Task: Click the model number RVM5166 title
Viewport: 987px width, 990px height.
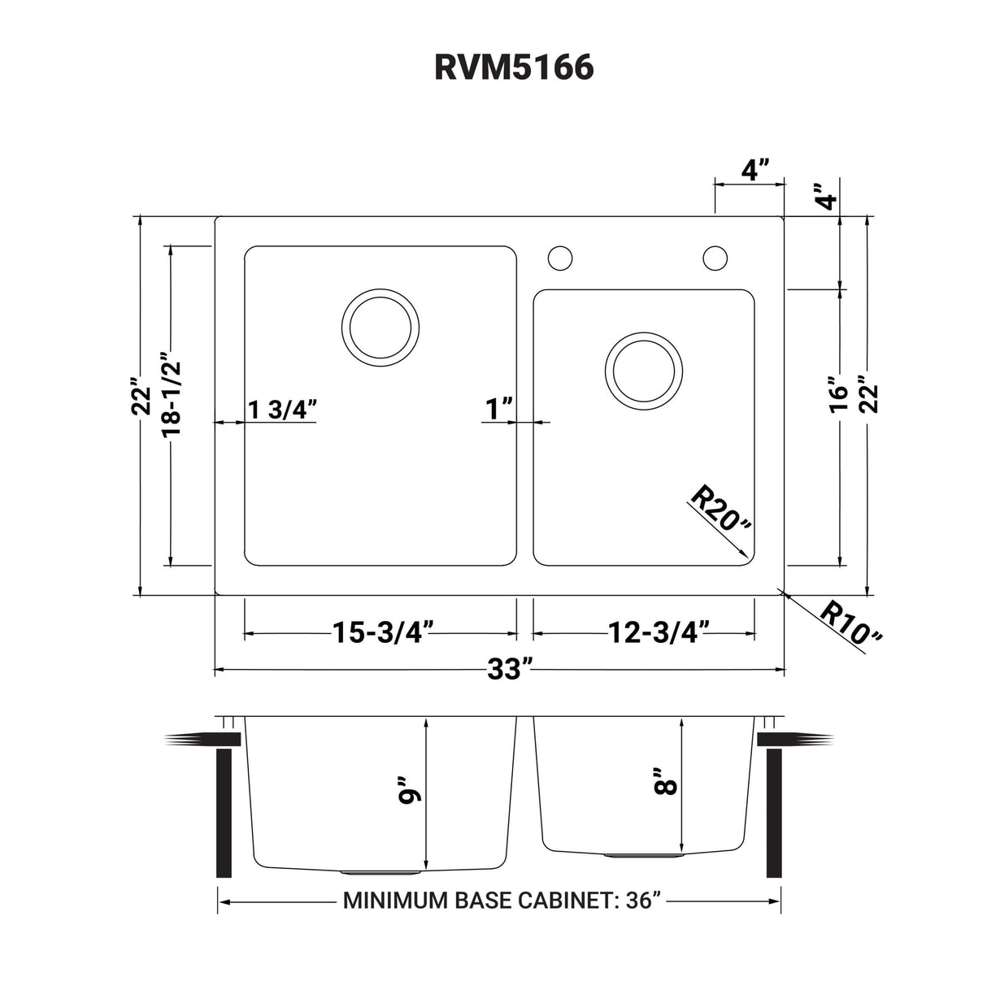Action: [x=514, y=68]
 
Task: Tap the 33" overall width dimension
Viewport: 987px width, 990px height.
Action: [x=510, y=670]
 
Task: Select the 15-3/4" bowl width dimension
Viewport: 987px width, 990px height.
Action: [x=381, y=632]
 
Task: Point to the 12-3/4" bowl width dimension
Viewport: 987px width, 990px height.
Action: [x=659, y=632]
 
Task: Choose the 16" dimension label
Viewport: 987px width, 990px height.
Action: [x=838, y=394]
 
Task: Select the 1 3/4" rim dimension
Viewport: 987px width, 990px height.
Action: [x=281, y=410]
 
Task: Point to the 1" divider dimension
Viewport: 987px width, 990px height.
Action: [x=499, y=410]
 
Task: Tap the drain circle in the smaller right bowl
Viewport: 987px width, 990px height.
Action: [x=644, y=371]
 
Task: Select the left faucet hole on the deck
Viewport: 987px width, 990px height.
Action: [x=559, y=258]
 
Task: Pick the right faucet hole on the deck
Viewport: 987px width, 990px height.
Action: [x=715, y=258]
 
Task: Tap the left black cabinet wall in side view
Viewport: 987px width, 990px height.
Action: [x=224, y=813]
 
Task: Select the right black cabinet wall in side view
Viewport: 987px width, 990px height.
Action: [x=773, y=813]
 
